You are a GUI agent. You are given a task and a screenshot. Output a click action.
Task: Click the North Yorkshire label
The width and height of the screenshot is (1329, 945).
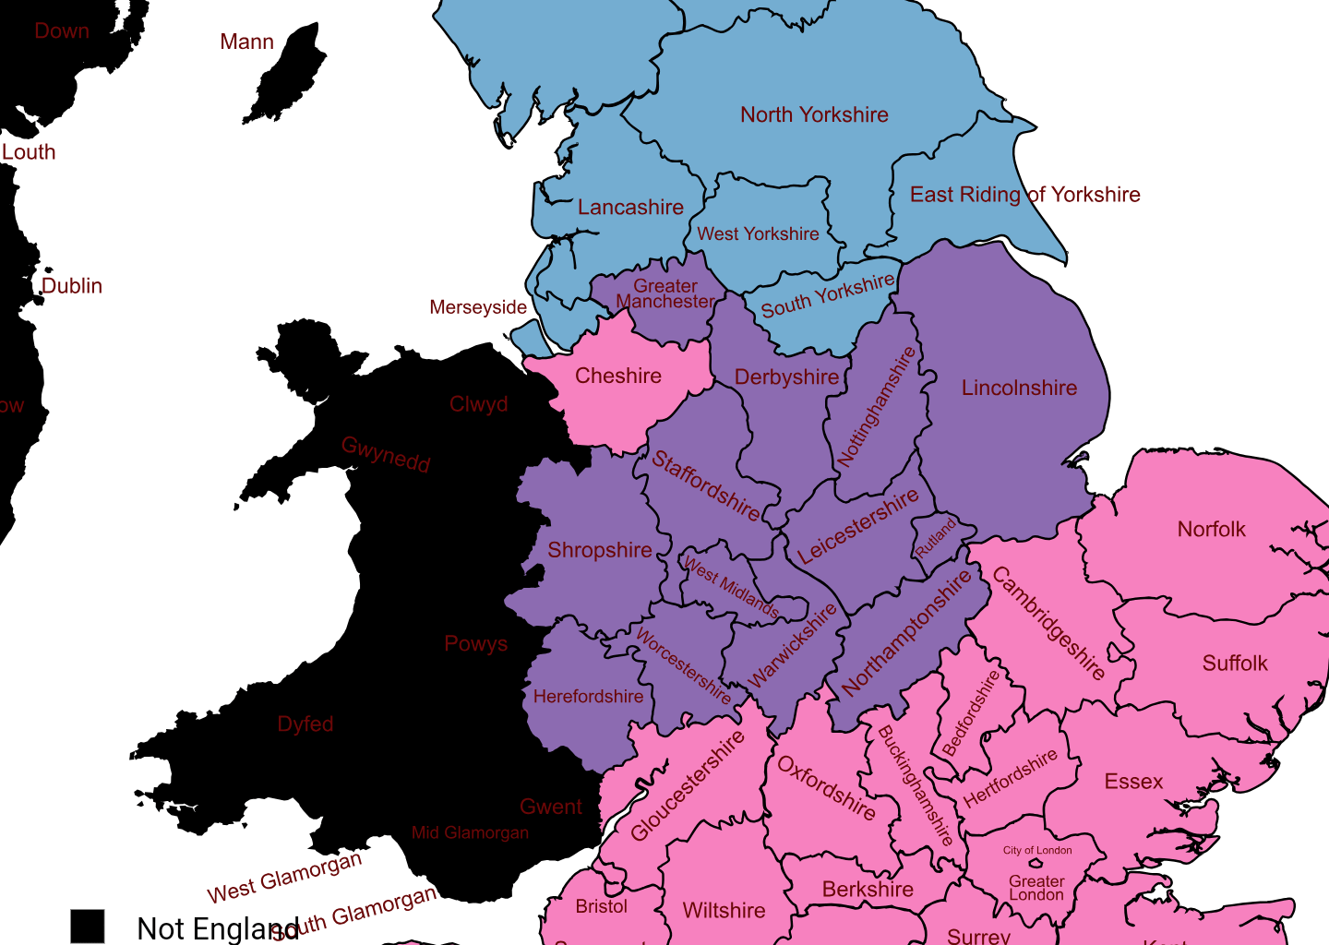814,115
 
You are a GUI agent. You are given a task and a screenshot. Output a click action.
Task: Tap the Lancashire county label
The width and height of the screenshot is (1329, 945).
630,208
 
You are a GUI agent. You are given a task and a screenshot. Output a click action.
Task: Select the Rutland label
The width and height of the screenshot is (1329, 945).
936,539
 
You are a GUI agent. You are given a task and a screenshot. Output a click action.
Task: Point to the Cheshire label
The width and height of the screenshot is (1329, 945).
618,377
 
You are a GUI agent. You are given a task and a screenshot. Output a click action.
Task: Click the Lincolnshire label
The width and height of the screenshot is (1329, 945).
1019,389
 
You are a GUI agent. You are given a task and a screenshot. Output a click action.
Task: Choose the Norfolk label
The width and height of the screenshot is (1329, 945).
1211,530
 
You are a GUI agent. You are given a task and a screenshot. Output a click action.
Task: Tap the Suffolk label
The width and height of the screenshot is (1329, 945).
1235,664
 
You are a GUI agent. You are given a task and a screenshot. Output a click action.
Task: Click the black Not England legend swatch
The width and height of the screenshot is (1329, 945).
88,926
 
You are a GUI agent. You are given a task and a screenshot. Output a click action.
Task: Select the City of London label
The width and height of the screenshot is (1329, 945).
1037,851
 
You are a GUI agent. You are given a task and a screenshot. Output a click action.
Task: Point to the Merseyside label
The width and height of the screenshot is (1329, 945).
478,307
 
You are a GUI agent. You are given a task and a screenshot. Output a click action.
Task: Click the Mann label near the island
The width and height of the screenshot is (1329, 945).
246,42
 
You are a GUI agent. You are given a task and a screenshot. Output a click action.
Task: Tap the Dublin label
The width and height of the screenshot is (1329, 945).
72,286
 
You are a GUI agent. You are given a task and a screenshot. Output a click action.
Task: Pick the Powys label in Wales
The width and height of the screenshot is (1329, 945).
475,644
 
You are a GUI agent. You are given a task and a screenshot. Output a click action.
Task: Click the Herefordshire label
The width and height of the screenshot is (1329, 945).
588,697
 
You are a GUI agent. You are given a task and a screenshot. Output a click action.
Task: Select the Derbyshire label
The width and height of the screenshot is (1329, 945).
786,377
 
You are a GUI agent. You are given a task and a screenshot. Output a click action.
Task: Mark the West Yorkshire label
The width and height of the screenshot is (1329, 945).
758,234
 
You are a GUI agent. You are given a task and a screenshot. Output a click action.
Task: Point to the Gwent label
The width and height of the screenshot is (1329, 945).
551,807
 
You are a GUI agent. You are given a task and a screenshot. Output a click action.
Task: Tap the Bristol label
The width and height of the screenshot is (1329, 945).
601,906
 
